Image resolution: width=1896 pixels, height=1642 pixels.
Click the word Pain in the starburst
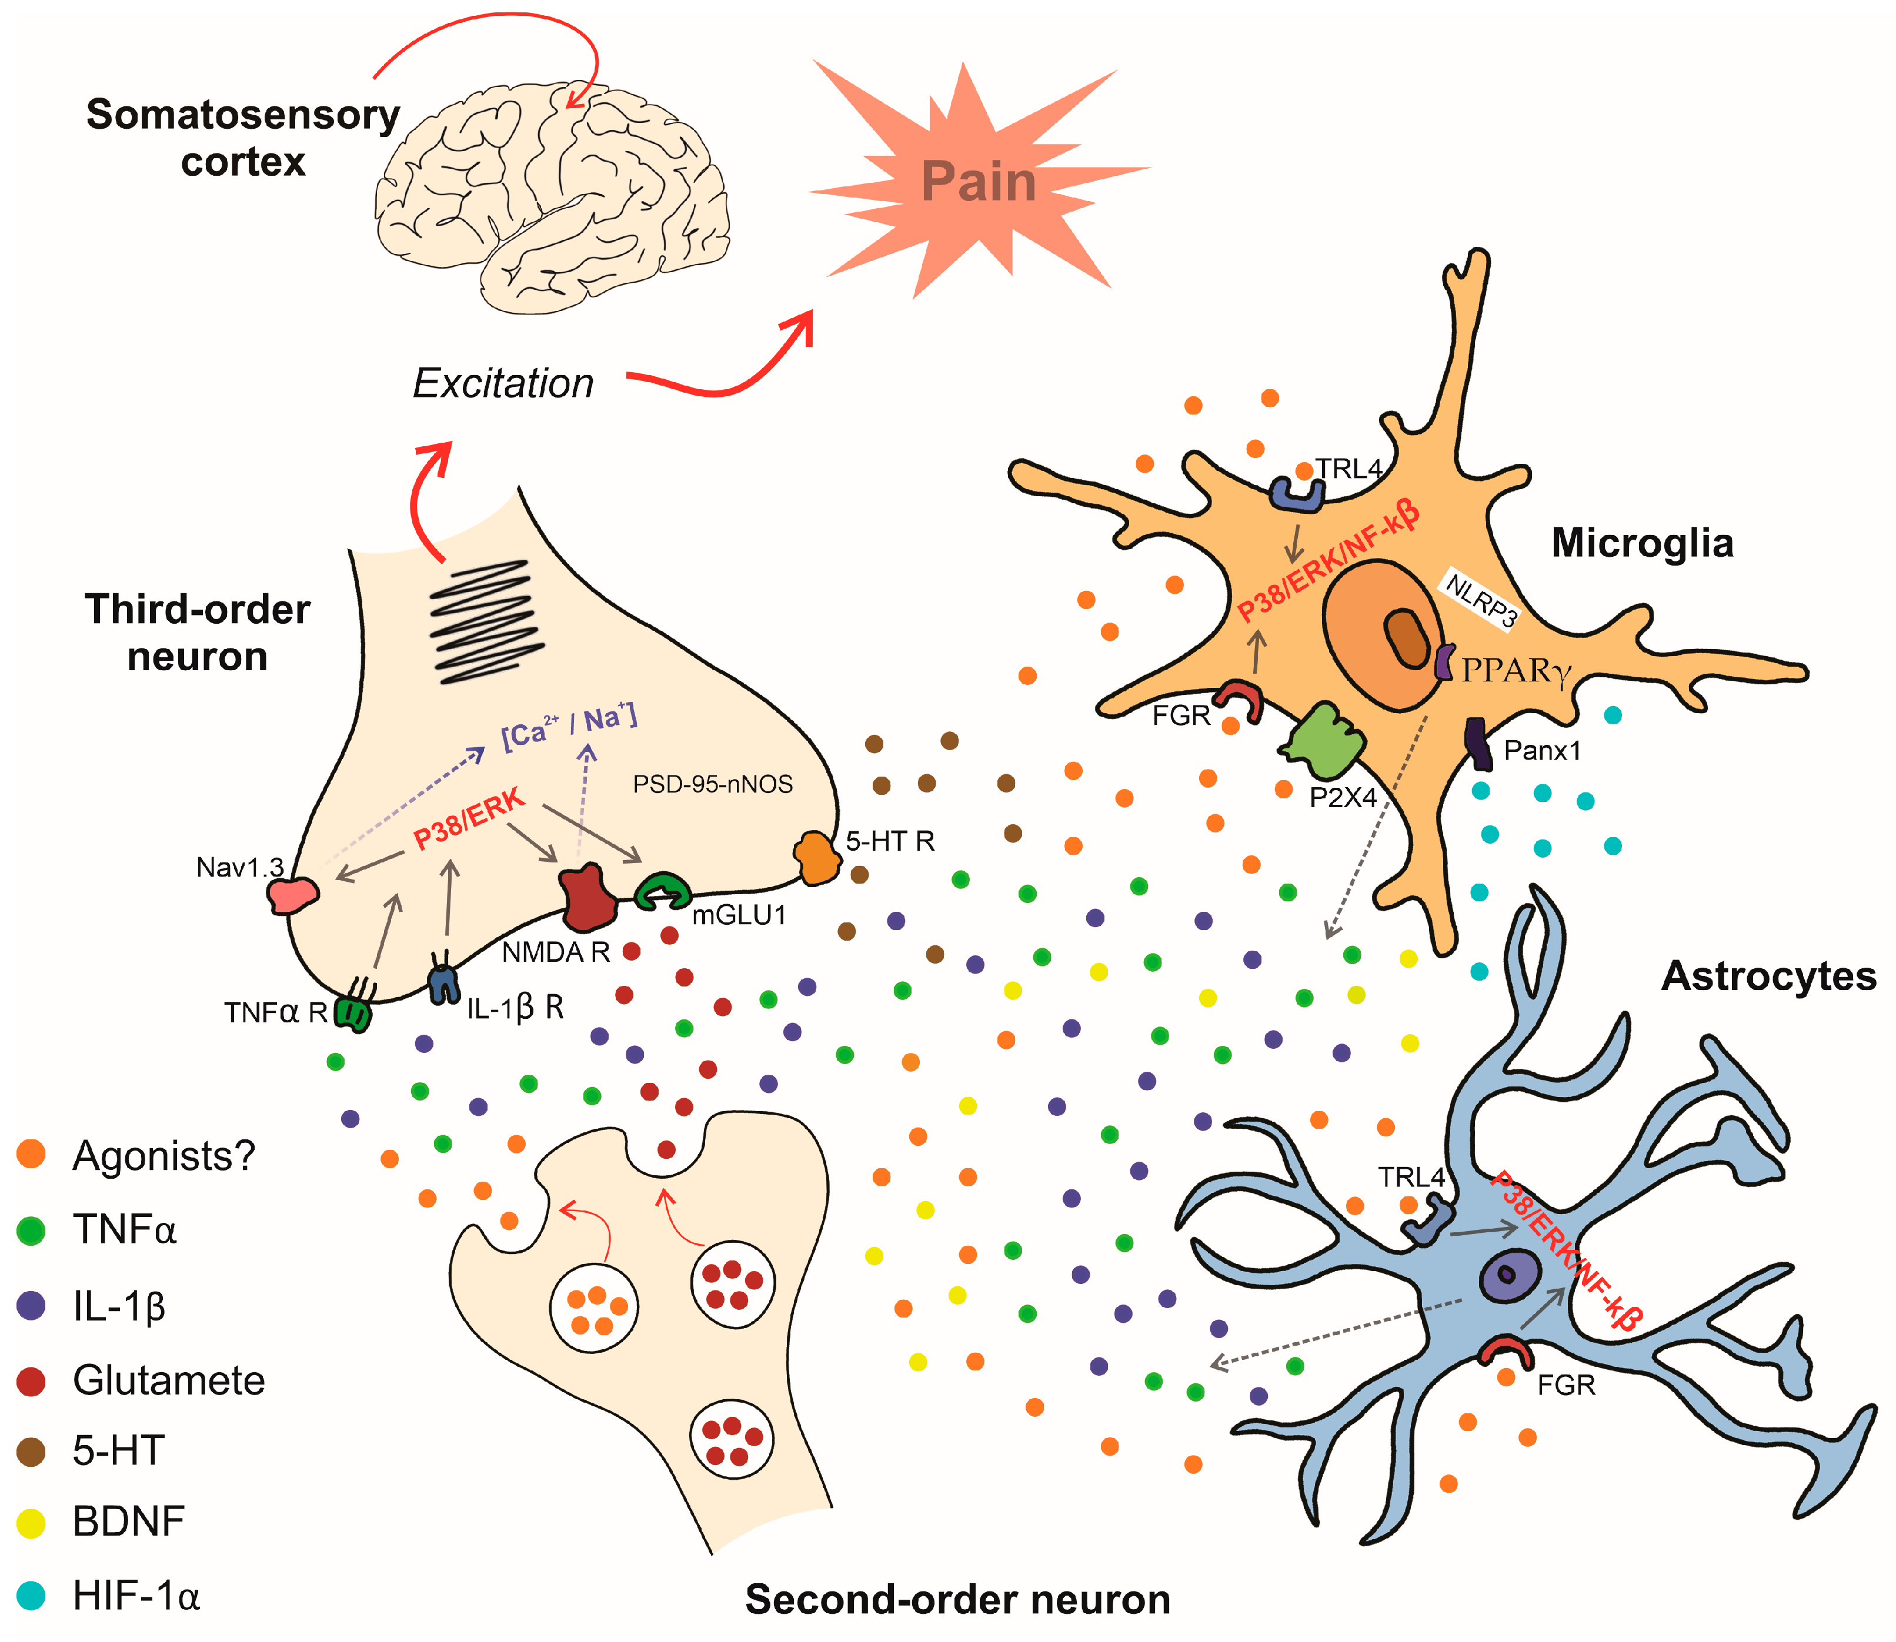tap(979, 182)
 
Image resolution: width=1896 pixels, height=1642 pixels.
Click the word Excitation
tap(503, 383)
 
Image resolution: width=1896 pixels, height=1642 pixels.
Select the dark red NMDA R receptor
tap(586, 896)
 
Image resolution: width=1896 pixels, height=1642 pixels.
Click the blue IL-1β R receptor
tap(443, 982)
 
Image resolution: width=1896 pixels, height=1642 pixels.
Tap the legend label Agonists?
tap(163, 1155)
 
